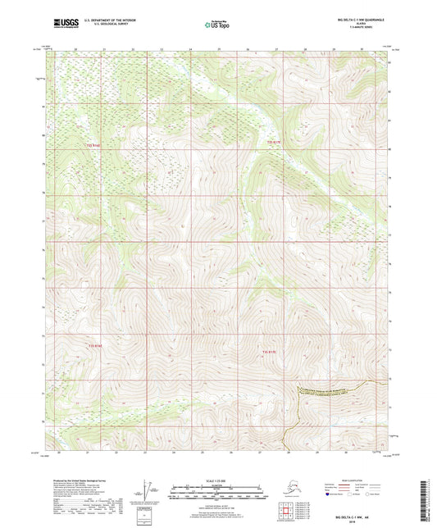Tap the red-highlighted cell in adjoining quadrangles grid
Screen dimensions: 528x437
(x=284, y=514)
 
